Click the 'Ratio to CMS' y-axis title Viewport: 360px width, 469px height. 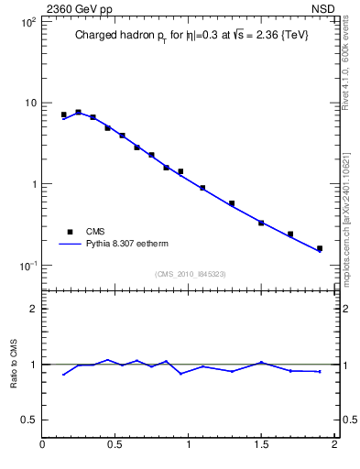pos(14,365)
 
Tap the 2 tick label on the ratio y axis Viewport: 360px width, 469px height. pos(34,309)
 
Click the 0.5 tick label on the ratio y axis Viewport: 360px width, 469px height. pos(28,420)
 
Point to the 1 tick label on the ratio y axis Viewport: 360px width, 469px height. pos(34,365)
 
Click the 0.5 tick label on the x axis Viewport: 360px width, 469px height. pos(115,446)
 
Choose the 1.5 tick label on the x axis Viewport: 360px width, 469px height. pos(261,446)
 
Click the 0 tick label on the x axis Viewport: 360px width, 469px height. pos(42,446)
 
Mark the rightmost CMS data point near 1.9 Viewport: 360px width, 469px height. pos(320,248)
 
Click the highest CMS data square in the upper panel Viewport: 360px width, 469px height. pos(78,113)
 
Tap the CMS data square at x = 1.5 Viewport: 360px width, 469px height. pos(261,223)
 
